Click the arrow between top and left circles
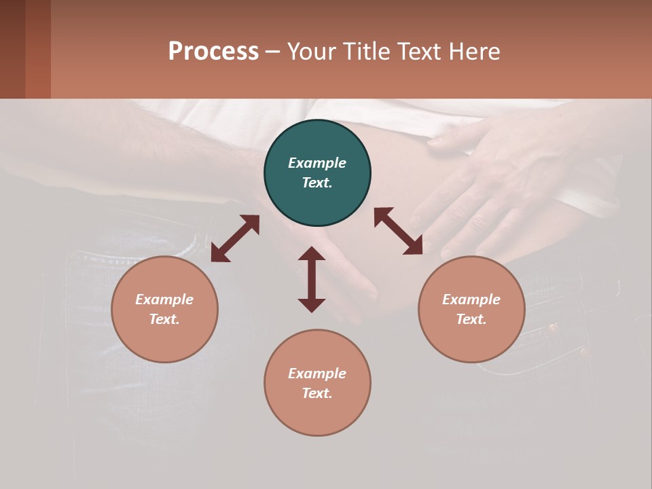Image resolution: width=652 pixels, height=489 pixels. point(235,238)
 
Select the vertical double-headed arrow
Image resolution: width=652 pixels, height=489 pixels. point(312,279)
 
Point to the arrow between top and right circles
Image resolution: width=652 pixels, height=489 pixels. point(399,231)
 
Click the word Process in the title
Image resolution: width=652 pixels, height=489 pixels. point(213,51)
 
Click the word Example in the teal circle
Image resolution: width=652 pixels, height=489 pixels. point(317,163)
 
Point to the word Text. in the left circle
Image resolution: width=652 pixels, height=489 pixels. point(164,319)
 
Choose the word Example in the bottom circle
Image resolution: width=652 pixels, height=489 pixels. point(317,374)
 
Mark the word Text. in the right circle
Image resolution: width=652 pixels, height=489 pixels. point(471,319)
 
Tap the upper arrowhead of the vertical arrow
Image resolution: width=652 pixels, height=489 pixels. point(312,253)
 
